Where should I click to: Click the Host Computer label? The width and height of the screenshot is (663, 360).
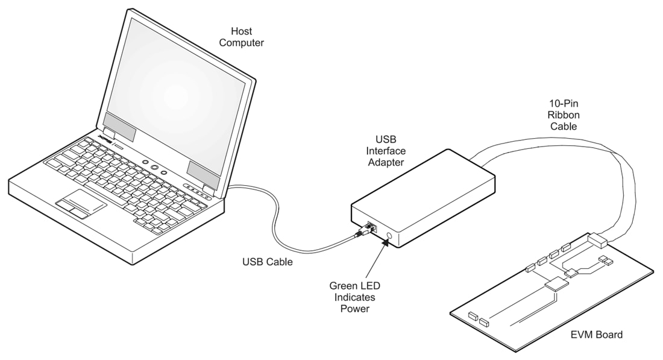click(241, 37)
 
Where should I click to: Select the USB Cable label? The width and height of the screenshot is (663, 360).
click(268, 262)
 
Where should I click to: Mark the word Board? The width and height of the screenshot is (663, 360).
click(608, 334)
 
